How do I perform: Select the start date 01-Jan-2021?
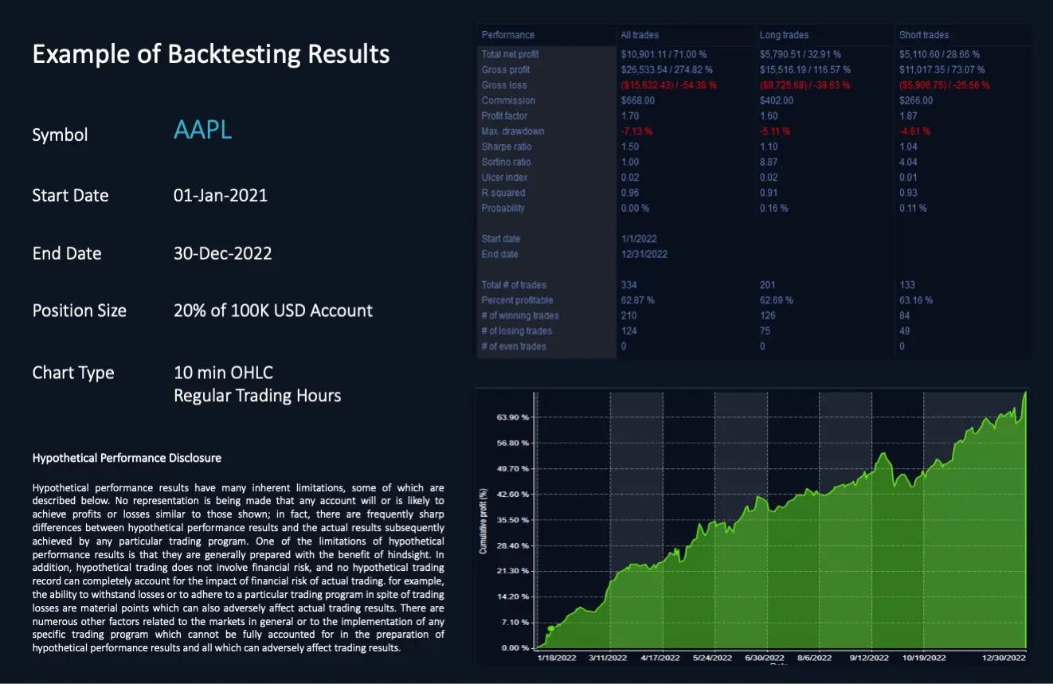221,195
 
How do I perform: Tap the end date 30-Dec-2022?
222,253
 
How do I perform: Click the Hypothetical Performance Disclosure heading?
127,458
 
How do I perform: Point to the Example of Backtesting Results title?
211,54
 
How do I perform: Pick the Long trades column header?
784,35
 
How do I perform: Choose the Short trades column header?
924,35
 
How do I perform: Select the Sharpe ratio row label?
507,147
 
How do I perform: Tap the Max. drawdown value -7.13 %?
636,131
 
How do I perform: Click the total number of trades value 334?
628,284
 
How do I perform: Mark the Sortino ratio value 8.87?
769,162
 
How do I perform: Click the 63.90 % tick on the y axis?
513,417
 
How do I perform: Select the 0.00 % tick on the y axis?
515,647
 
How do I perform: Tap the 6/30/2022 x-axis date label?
764,658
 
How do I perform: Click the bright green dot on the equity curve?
550,628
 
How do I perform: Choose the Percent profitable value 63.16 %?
916,300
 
